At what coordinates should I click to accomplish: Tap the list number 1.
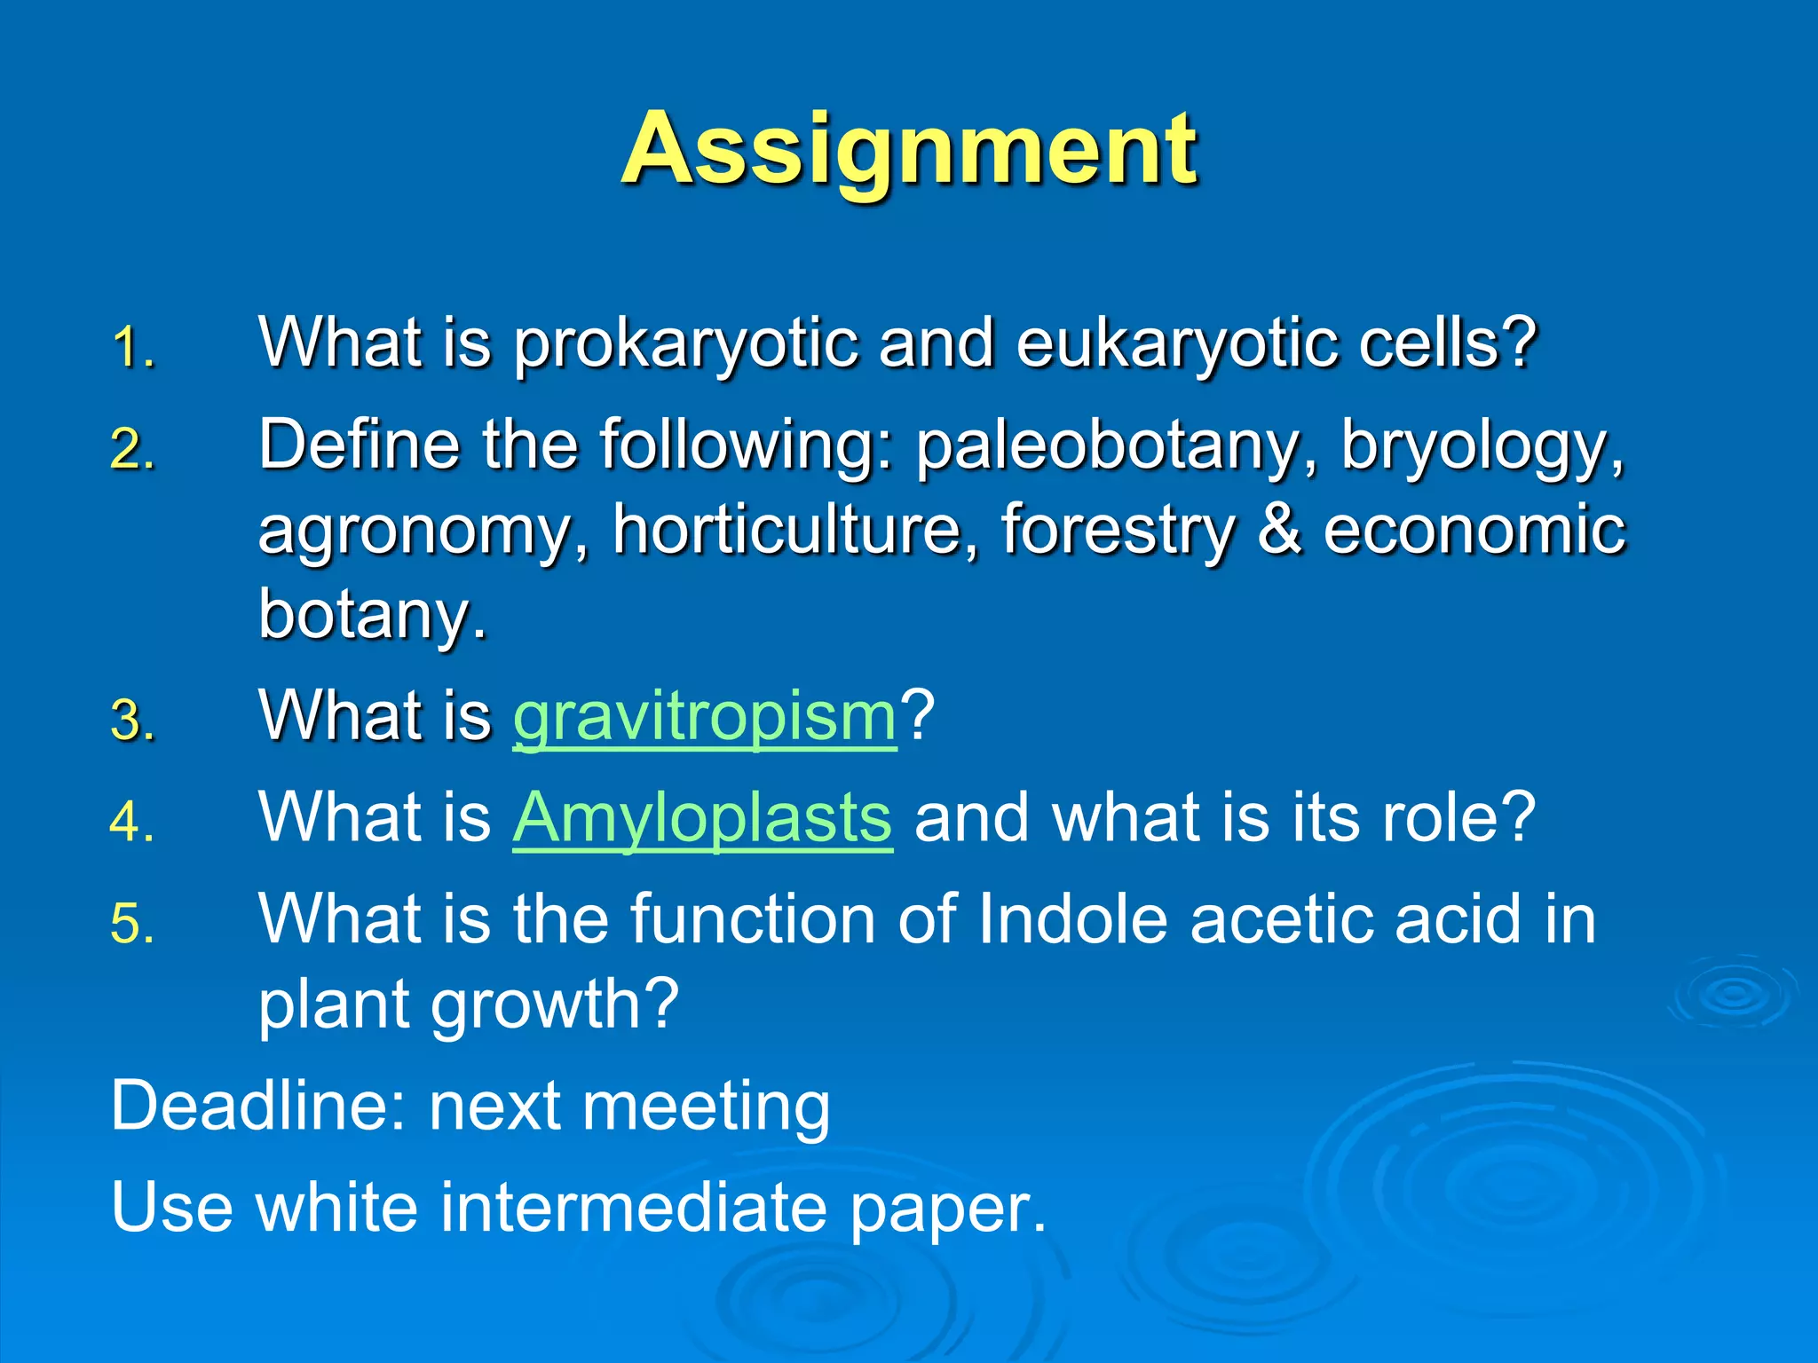(133, 347)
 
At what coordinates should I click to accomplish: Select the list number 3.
(133, 720)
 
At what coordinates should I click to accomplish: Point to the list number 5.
(133, 924)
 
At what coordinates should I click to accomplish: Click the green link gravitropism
(705, 717)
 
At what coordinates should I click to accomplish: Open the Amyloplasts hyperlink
(702, 818)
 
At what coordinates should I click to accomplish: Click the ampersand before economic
(1279, 530)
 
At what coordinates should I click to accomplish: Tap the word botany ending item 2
(372, 615)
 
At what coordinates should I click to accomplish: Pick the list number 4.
(133, 822)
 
